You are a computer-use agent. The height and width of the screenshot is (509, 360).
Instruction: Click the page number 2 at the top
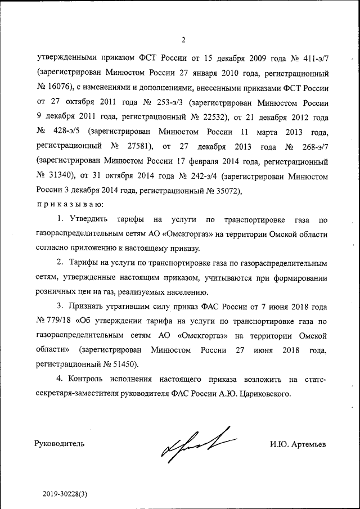183,39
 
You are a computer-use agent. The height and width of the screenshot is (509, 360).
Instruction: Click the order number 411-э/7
312,58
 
